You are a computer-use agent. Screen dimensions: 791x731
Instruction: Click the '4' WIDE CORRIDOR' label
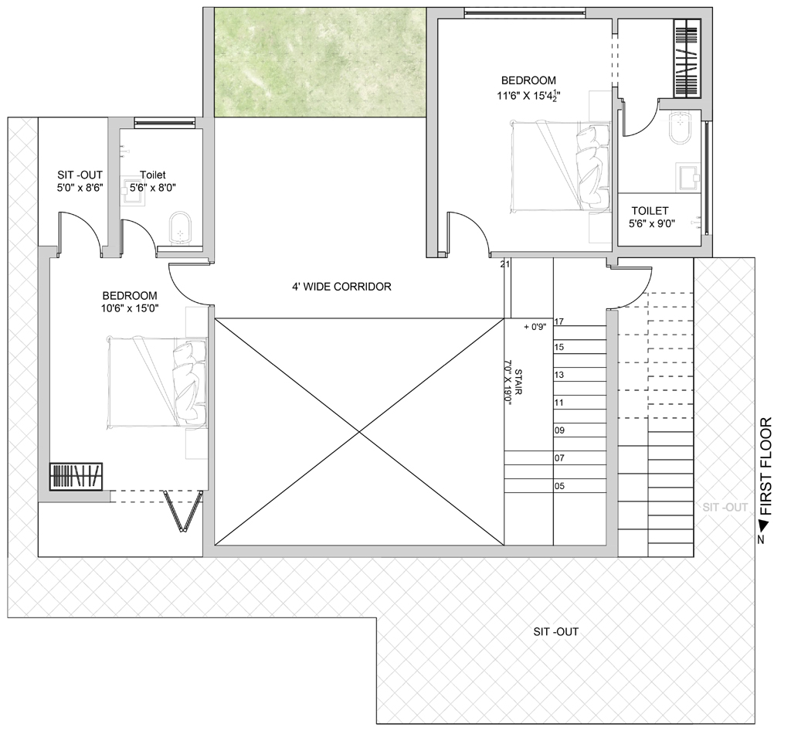[341, 287]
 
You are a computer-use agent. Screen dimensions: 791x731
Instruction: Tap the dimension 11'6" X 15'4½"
[528, 95]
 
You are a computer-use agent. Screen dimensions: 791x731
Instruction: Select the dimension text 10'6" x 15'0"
[130, 309]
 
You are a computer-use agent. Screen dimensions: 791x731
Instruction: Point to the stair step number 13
[559, 375]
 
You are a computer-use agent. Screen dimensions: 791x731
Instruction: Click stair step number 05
[559, 486]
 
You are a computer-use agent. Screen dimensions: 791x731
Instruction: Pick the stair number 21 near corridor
[505, 263]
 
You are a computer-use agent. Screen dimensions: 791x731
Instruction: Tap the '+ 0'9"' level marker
[535, 327]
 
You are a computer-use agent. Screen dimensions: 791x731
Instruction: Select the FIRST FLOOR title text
[766, 466]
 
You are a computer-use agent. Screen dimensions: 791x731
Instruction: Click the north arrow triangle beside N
[764, 526]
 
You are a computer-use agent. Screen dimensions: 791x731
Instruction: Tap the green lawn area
[320, 63]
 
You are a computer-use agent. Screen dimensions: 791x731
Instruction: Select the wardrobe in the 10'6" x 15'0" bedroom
[76, 476]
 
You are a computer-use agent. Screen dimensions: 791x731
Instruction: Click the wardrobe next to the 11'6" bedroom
[687, 58]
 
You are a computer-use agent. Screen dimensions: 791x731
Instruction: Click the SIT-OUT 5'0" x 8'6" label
[80, 181]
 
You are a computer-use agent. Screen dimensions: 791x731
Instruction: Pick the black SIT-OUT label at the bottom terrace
[556, 631]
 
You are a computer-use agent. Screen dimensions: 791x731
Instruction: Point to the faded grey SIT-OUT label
[725, 507]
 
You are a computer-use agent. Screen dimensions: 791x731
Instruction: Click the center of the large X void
[359, 432]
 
